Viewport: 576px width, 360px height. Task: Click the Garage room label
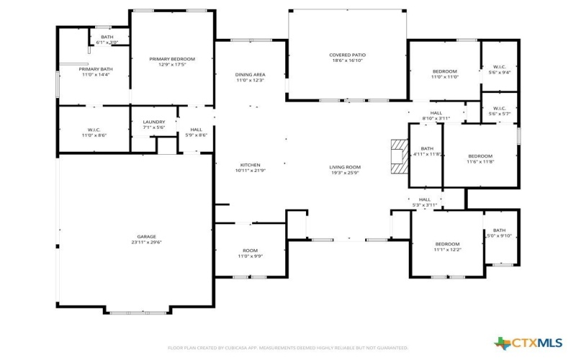tap(147, 237)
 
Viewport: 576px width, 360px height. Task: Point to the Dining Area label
tap(251, 74)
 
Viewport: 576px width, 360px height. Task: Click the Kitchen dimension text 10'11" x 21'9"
tap(250, 170)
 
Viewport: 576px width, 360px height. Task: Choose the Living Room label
tap(345, 167)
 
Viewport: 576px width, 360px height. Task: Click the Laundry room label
tap(154, 122)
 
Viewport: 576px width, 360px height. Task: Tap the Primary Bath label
tap(96, 69)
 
